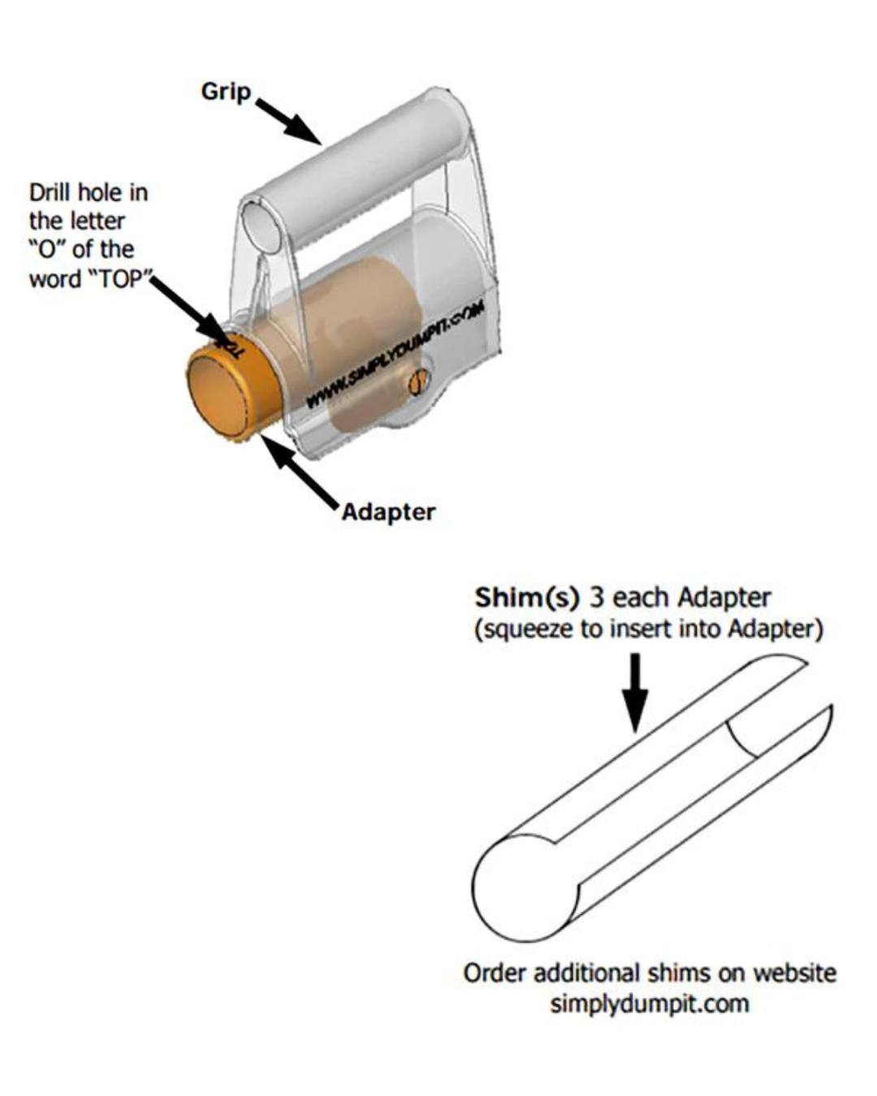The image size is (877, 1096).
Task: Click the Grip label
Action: click(x=226, y=91)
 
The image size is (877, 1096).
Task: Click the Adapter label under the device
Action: click(x=388, y=512)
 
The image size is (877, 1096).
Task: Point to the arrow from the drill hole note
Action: click(x=192, y=313)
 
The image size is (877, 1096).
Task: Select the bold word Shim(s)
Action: click(x=527, y=598)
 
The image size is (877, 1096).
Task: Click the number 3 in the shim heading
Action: click(x=597, y=598)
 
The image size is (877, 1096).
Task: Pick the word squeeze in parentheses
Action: click(x=527, y=629)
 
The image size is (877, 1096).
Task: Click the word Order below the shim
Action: click(x=495, y=973)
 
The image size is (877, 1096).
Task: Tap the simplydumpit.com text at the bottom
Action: click(x=649, y=1003)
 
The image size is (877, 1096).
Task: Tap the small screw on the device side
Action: click(x=418, y=382)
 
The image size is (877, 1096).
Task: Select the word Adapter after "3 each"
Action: click(x=724, y=598)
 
